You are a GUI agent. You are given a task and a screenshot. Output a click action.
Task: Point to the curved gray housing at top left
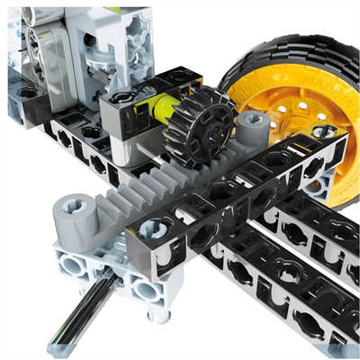45,45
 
